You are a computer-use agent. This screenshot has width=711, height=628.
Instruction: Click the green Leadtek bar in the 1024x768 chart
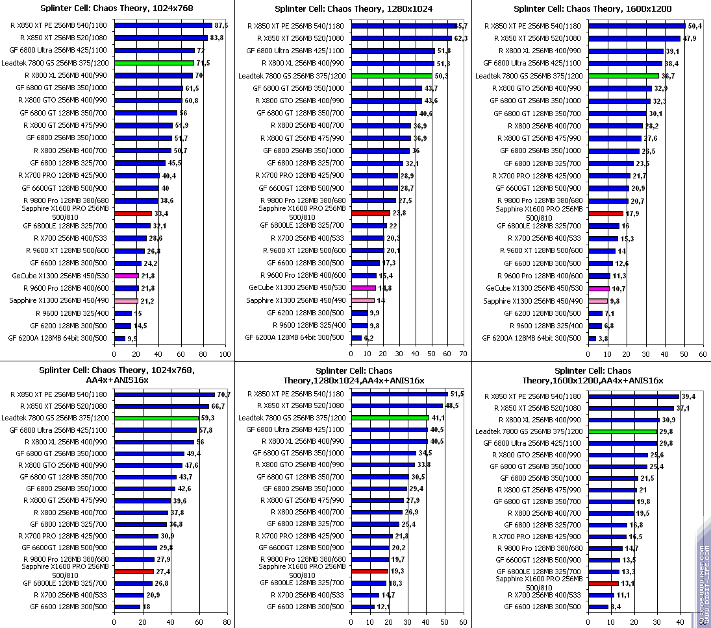154,63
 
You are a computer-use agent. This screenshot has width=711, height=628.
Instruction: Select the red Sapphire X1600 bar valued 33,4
133,213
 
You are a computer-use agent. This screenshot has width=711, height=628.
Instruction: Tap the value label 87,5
221,25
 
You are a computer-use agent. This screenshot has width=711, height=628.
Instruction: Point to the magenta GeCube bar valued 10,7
599,288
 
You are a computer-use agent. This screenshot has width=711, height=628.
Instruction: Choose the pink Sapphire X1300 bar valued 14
362,300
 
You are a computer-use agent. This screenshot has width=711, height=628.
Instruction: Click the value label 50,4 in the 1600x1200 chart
695,26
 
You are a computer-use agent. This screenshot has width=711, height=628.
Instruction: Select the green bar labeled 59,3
156,418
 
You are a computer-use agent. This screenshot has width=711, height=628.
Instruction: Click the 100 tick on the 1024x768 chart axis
225,355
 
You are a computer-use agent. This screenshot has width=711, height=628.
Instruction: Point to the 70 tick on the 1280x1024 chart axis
462,355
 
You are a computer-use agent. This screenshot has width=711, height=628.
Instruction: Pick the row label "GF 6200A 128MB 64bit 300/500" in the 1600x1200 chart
532,338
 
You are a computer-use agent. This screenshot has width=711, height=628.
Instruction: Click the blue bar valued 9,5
119,338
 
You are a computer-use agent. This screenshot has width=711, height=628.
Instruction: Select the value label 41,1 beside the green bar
439,418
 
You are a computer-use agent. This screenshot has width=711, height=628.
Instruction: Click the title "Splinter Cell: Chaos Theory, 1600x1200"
592,9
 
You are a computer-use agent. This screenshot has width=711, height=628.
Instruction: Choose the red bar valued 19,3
369,571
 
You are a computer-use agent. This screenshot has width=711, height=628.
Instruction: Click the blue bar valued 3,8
592,338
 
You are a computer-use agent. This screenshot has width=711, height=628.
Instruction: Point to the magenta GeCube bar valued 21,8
127,276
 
